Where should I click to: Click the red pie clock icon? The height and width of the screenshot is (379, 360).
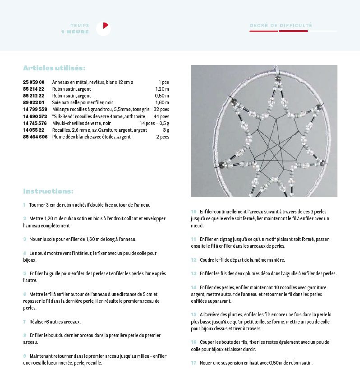[x=103, y=28]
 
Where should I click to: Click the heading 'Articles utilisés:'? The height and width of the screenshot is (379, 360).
[x=54, y=68]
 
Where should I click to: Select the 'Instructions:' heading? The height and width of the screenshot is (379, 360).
[x=48, y=191]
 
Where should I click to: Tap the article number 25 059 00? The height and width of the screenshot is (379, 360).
[x=34, y=82]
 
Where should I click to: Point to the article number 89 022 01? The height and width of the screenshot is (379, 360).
[x=34, y=102]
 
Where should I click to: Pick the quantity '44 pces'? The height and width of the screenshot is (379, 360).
[x=161, y=116]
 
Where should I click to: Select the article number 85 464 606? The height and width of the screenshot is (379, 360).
[x=35, y=137]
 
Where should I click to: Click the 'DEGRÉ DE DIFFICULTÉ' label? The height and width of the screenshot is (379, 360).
[x=281, y=25]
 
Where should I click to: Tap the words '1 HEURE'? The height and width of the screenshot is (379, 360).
[x=75, y=32]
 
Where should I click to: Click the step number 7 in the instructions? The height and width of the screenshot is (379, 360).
[x=24, y=322]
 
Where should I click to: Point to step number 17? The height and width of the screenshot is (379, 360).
[x=194, y=363]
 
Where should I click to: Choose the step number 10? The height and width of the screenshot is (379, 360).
[x=194, y=211]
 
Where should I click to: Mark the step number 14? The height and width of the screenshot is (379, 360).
[x=194, y=287]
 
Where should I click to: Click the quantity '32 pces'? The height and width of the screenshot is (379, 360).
[x=161, y=109]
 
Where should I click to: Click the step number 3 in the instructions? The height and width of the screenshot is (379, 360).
[x=24, y=239]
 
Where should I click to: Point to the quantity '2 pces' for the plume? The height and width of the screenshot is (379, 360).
[x=162, y=137]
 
